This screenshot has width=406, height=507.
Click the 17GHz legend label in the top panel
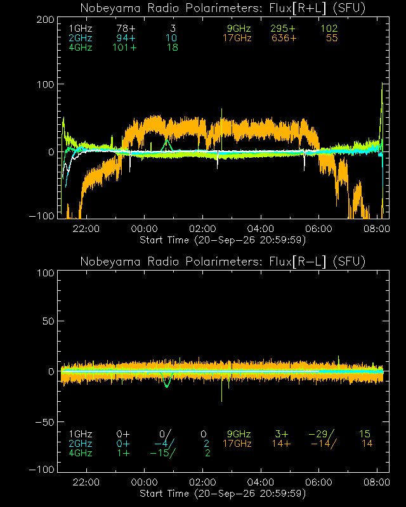pos(237,38)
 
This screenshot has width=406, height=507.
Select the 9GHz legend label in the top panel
pos(239,29)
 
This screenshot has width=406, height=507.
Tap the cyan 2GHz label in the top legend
pos(81,38)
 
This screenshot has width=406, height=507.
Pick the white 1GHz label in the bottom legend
pos(81,434)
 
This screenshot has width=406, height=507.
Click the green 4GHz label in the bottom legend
pos(81,453)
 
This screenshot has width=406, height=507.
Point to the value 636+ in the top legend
pos(284,38)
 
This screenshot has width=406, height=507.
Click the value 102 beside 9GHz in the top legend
pos(329,29)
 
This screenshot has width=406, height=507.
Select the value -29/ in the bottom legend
pos(322,434)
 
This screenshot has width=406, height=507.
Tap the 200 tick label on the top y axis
pos(45,20)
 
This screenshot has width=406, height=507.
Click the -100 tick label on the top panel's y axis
pos(42,216)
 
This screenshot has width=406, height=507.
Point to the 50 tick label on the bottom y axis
pos(49,321)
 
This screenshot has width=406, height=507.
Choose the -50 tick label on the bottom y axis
pos(45,422)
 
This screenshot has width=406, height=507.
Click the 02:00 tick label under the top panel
pos(202,229)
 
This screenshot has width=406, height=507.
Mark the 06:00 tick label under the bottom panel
pos(318,482)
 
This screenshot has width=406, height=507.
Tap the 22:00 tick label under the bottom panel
pos(86,482)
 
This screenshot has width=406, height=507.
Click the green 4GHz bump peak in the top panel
pos(167,140)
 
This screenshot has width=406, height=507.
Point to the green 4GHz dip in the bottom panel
pos(167,387)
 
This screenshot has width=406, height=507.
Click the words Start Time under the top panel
pos(164,240)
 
